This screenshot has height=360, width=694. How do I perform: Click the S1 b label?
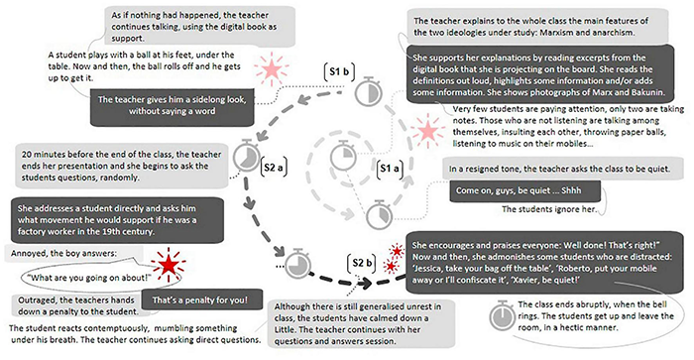pos(337,71)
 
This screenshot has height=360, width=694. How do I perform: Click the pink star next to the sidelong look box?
pos(269,69)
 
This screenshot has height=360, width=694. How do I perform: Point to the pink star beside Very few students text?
pos(427,132)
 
